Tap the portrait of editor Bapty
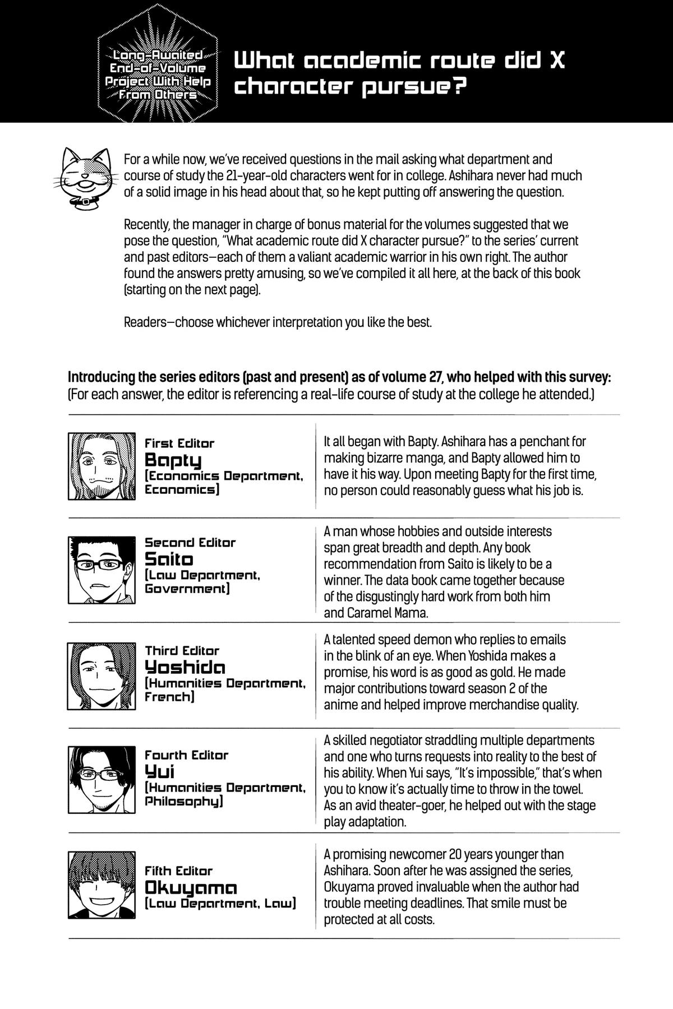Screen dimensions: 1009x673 (102, 466)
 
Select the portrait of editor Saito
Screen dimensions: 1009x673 (102, 570)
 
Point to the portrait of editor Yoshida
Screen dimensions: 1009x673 (102, 675)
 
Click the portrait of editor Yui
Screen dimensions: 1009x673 (102, 779)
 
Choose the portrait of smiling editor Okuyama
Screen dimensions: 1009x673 (102, 884)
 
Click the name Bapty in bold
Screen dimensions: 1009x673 (173, 461)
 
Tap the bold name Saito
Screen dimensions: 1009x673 (169, 559)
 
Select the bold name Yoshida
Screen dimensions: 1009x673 (185, 667)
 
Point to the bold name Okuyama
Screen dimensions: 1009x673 (191, 887)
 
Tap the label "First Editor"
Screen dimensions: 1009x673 (179, 443)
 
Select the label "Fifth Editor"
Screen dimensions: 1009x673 (179, 871)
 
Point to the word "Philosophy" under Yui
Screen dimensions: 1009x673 (184, 802)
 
